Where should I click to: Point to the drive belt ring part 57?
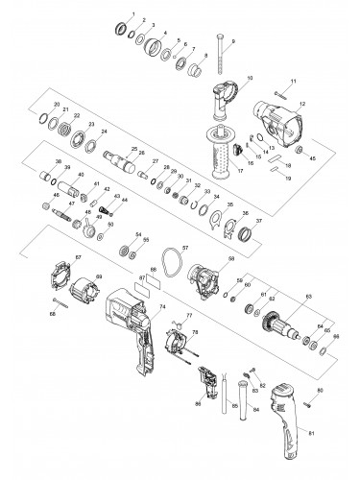tap(172, 259)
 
